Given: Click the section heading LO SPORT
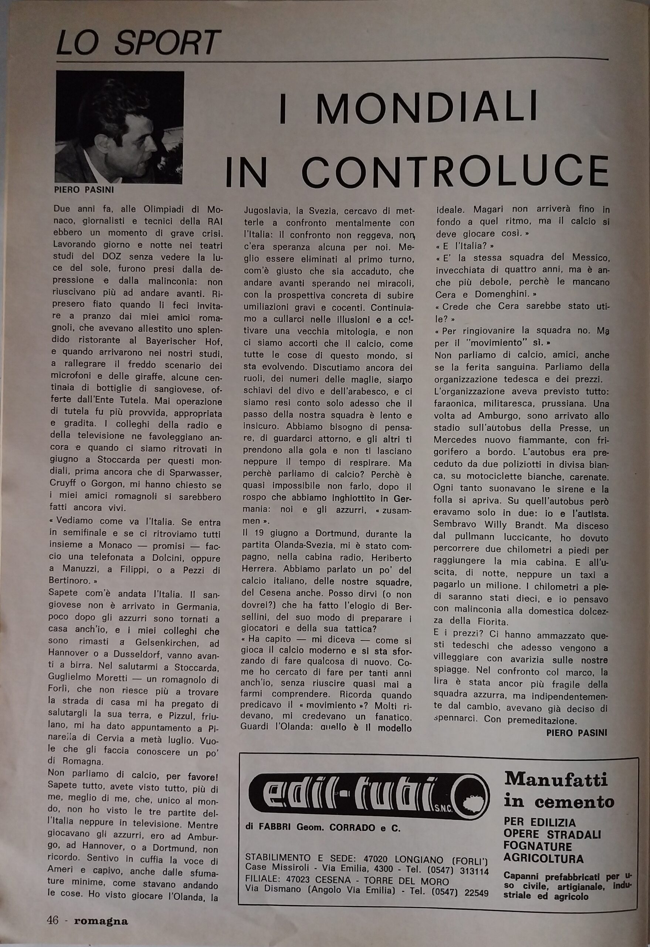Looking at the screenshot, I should (x=138, y=43).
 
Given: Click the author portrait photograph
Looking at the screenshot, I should (x=120, y=127).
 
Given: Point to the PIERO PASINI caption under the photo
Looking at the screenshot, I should (x=84, y=189).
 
